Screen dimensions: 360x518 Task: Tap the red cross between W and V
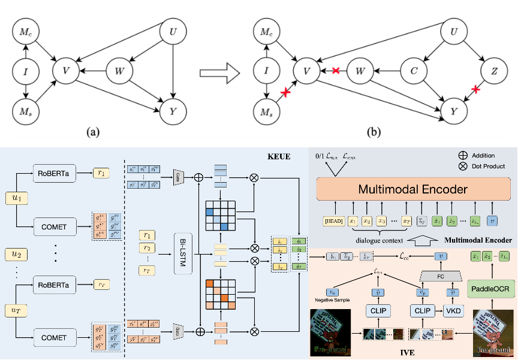pyautogui.click(x=336, y=71)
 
